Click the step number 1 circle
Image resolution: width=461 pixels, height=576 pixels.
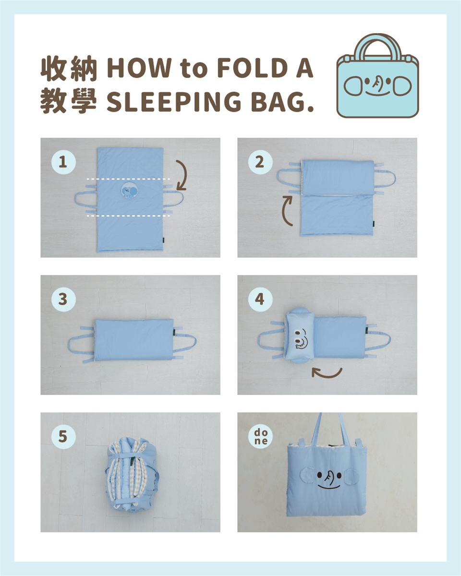point(63,162)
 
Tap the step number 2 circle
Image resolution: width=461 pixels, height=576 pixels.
point(260,162)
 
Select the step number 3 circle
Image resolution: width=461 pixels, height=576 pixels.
point(63,299)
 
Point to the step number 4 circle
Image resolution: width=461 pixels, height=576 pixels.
point(260,299)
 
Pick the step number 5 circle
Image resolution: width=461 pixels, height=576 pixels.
point(63,436)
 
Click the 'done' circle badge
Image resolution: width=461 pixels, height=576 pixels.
point(260,436)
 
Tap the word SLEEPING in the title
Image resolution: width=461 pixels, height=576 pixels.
point(174,102)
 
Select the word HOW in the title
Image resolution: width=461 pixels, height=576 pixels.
point(139,68)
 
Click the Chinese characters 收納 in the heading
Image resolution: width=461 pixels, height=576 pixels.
point(69,68)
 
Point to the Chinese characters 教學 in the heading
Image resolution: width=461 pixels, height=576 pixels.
point(69,102)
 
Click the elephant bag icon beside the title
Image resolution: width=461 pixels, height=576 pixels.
point(378,75)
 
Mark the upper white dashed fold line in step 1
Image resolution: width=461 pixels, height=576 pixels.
point(128,179)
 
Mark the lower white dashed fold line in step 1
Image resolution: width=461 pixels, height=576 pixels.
point(128,216)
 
